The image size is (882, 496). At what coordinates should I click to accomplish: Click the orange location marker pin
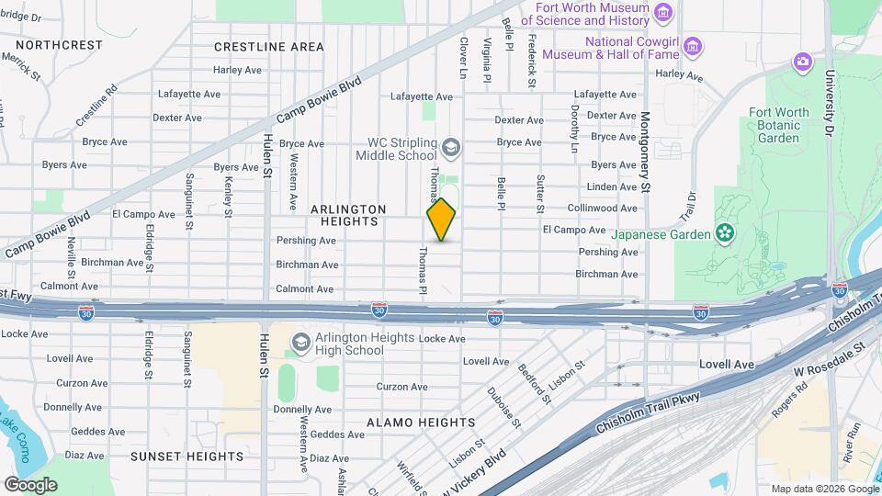tap(441, 220)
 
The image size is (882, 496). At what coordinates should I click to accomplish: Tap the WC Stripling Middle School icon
tap(450, 147)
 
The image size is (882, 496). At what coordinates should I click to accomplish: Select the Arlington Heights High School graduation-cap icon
tap(300, 344)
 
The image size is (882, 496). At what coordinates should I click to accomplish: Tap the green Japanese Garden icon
tap(725, 232)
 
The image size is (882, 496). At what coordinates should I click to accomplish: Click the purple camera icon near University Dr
tap(803, 62)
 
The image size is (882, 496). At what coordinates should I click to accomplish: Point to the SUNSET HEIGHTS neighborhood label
tap(187, 456)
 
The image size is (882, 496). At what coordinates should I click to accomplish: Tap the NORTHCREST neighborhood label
tap(59, 44)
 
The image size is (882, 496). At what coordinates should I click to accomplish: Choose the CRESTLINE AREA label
tap(268, 46)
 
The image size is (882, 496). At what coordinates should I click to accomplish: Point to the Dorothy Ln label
tap(574, 128)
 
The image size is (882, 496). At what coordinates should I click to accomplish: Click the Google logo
tap(30, 484)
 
